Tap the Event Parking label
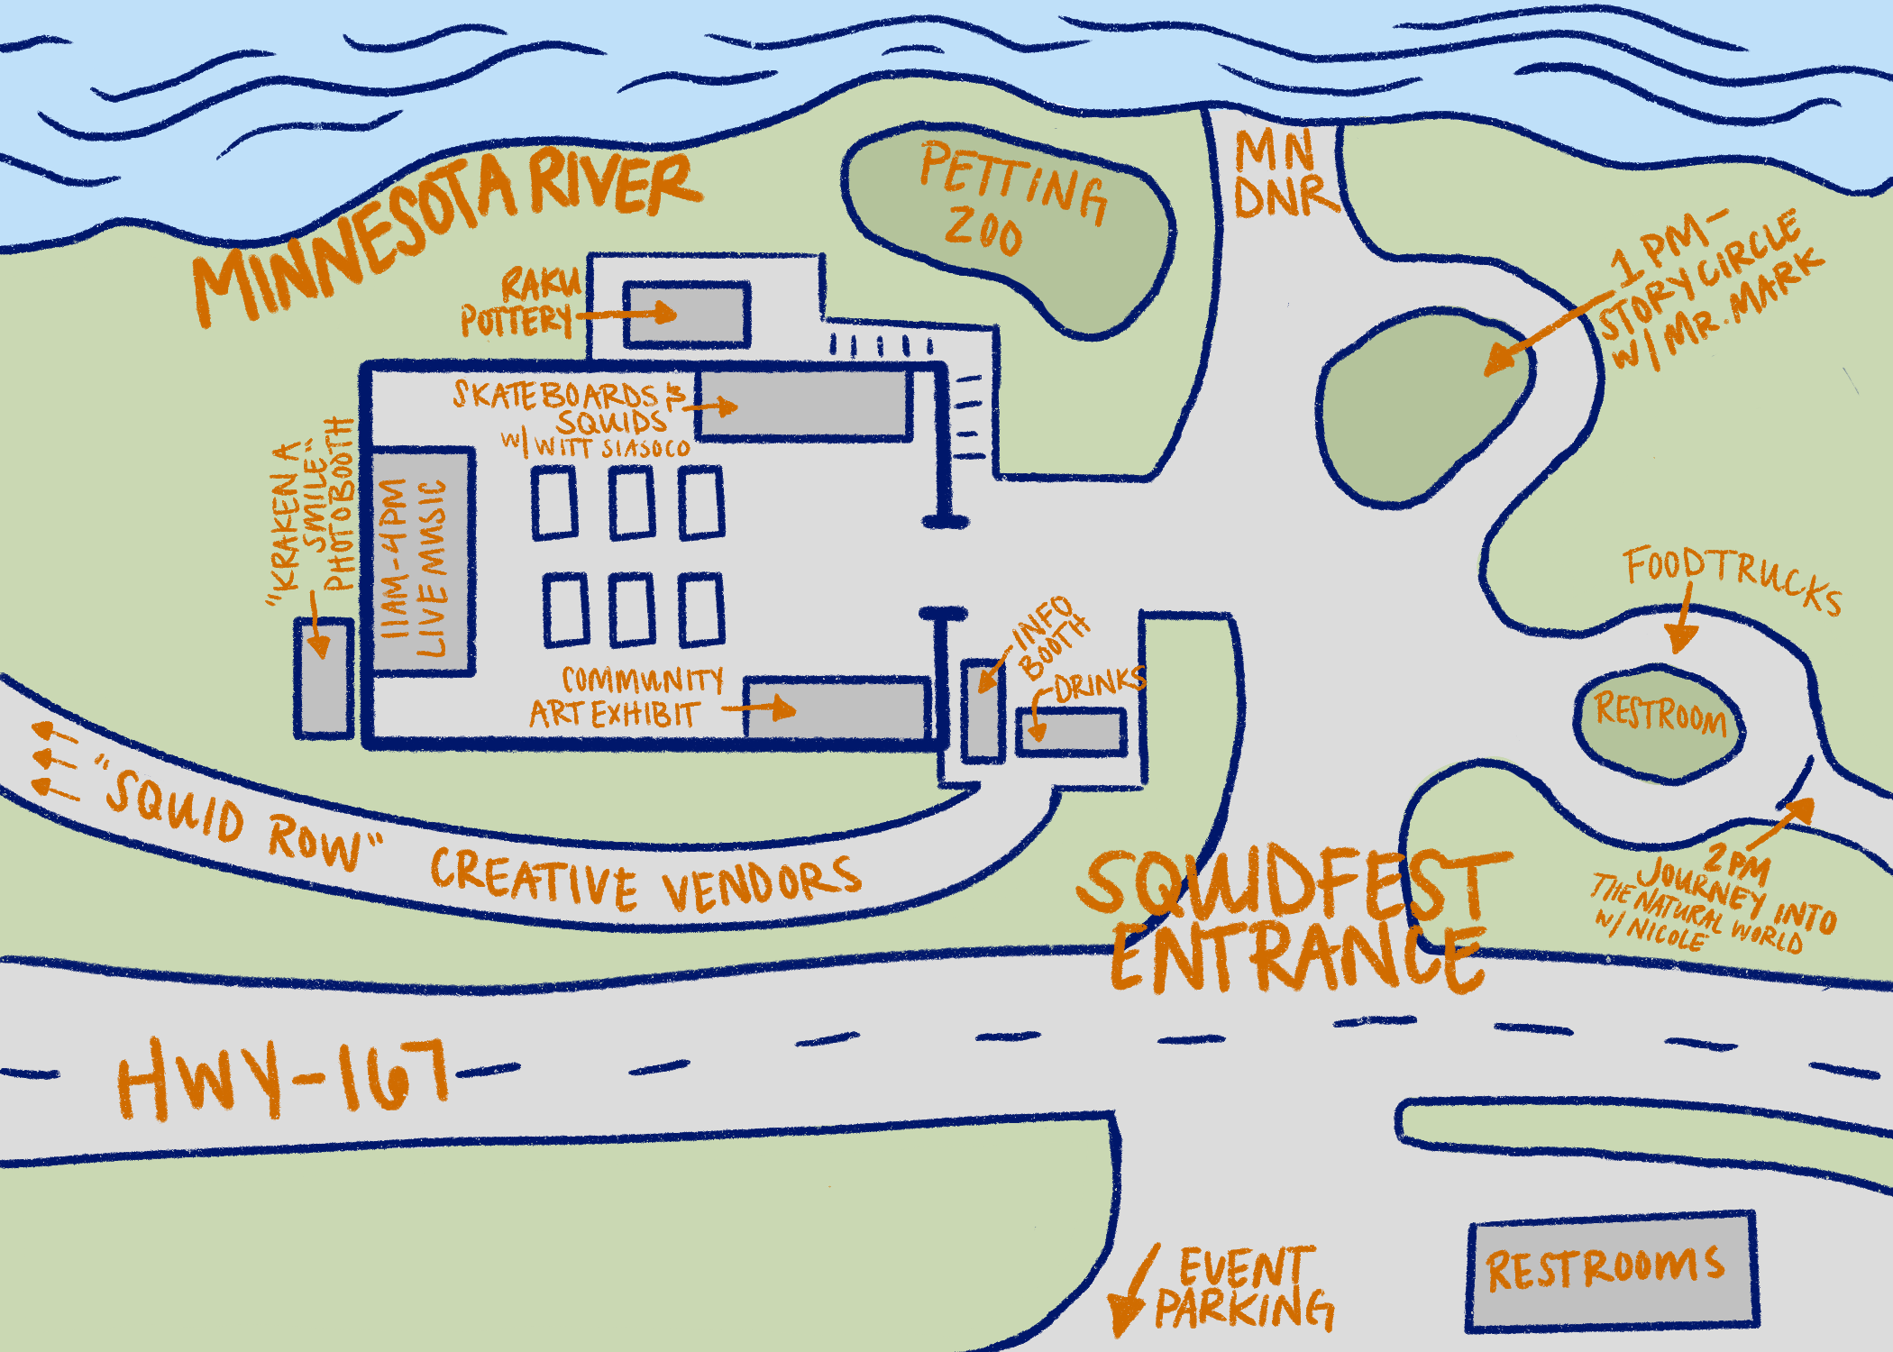click(1244, 1289)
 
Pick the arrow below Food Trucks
click(1681, 622)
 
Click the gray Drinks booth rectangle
click(1071, 731)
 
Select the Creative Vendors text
click(645, 879)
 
